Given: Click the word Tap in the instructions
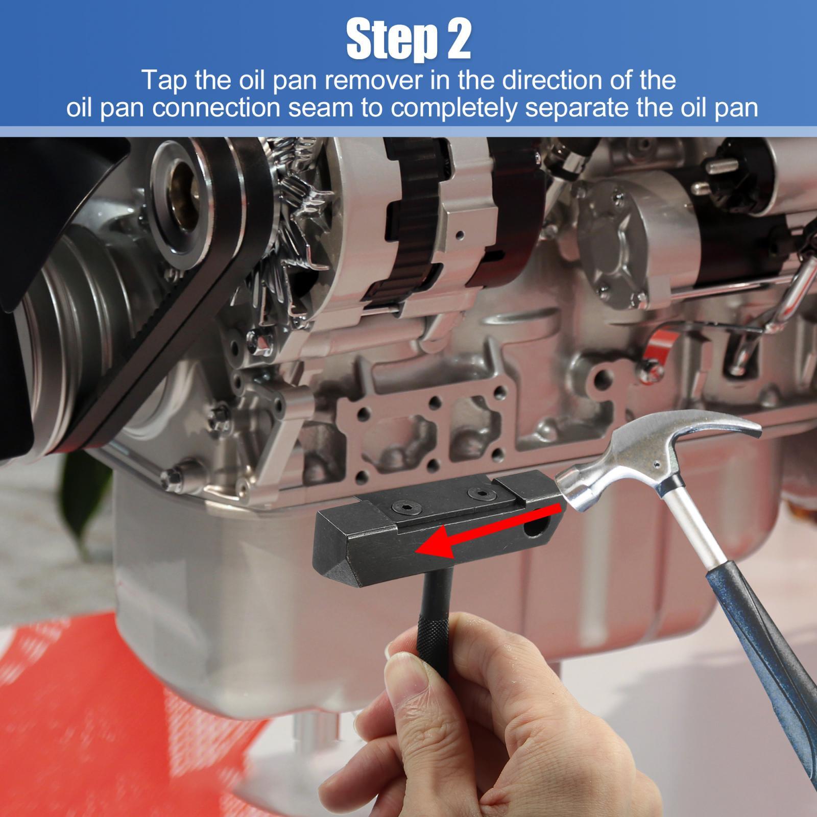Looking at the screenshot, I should (163, 80).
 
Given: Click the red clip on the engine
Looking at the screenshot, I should (659, 347).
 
